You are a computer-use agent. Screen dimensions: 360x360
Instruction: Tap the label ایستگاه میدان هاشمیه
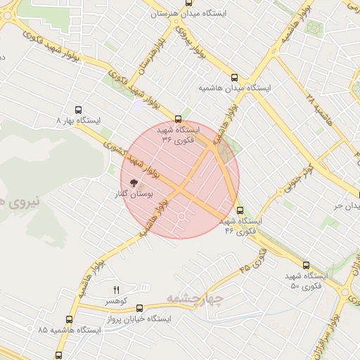235,89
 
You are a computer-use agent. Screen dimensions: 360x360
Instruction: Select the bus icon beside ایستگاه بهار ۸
78,110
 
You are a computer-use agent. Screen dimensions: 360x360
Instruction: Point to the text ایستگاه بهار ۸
79,121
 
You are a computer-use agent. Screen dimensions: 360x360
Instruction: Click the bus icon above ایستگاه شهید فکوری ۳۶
178,119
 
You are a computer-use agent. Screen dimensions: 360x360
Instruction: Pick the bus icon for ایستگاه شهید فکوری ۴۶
240,210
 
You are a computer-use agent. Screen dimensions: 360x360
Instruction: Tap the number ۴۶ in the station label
229,231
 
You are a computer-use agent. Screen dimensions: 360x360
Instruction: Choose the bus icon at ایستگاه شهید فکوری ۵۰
306,265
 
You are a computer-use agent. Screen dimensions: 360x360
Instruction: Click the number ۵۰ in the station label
295,286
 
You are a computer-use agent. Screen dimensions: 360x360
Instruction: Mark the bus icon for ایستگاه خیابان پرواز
139,308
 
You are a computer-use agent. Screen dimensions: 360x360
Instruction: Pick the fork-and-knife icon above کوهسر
117,289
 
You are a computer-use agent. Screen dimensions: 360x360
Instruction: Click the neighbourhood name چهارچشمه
194,300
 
